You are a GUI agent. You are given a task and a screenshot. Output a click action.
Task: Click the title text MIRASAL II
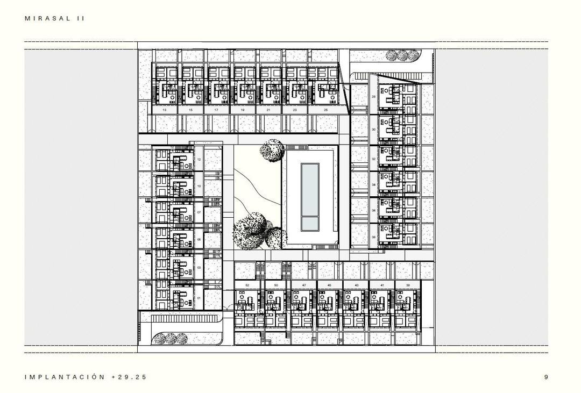(x=55, y=18)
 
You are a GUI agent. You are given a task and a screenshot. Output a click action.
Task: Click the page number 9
(x=546, y=377)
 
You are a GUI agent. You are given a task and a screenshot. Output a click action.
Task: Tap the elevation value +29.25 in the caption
(x=129, y=377)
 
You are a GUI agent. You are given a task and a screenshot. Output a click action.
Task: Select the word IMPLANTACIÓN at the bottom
(x=65, y=377)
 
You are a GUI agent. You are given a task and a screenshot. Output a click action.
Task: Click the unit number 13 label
(x=164, y=110)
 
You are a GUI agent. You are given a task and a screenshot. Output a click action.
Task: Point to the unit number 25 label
(x=326, y=110)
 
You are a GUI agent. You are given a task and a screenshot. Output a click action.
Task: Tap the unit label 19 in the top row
(x=243, y=110)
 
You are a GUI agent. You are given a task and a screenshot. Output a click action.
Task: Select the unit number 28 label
(x=373, y=97)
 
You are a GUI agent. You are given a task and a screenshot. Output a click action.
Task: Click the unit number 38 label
(x=373, y=237)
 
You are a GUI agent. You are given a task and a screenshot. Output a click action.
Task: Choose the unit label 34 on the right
(x=373, y=184)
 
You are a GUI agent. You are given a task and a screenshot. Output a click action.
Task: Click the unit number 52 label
(x=247, y=285)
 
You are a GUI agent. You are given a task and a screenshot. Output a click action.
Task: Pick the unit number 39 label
(x=408, y=285)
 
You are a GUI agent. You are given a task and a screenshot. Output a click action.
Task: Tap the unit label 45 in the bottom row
(x=329, y=285)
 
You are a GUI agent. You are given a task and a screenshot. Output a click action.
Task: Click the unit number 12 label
(x=199, y=160)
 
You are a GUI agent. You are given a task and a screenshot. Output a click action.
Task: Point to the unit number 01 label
(x=199, y=298)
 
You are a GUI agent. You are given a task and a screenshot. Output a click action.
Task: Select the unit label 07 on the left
(x=199, y=212)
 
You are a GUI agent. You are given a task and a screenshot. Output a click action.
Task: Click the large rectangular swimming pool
(x=309, y=188)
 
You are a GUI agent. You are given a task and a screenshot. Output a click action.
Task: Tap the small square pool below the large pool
(x=309, y=223)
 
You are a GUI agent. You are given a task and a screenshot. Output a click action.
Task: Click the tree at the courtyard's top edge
(x=272, y=151)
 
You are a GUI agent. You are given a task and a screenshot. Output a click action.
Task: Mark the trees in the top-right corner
(x=402, y=55)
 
